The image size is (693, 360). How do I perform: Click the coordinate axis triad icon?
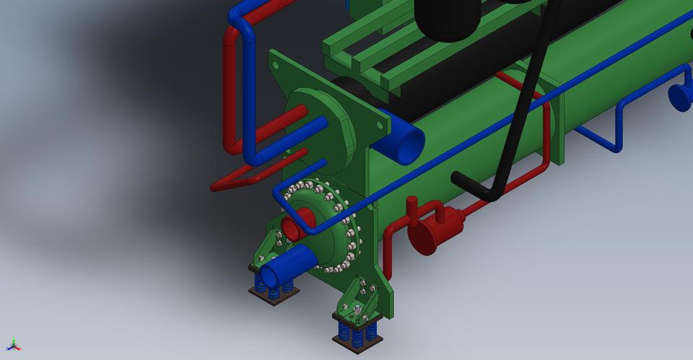[x=13, y=344]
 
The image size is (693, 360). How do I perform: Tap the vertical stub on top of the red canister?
[x=412, y=206]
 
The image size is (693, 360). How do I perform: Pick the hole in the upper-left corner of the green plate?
[x=277, y=66]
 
